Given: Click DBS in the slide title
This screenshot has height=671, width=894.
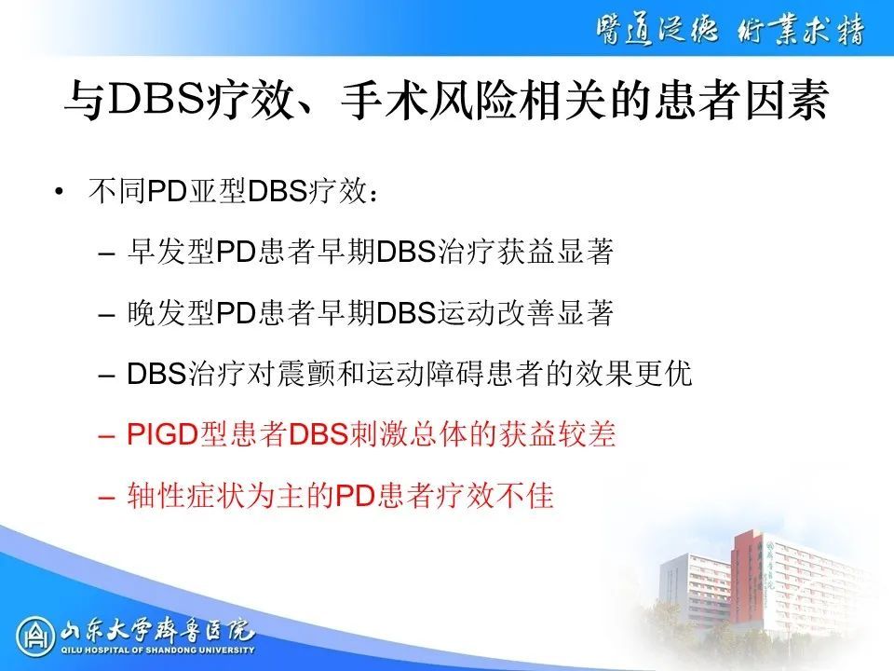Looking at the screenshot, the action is [156, 101].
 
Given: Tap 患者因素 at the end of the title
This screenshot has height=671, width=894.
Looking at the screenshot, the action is [740, 101].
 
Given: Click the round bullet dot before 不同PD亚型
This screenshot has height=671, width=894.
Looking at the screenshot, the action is [58, 192].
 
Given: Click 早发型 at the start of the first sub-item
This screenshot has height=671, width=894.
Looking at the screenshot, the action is [171, 252].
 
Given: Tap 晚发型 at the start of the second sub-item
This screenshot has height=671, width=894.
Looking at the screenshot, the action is [171, 313].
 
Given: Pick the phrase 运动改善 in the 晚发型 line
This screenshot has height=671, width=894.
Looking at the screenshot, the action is [496, 313].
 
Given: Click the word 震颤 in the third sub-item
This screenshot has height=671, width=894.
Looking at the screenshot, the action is [305, 374].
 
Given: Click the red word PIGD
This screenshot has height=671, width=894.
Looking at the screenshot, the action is [162, 434].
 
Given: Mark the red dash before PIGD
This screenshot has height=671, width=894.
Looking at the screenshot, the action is [106, 436].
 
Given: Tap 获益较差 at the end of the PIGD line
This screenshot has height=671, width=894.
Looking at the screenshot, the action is [558, 434].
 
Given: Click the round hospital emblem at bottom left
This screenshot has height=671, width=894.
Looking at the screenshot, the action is [35, 637].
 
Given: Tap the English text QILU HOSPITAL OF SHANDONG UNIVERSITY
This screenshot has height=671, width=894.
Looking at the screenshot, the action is [157, 650].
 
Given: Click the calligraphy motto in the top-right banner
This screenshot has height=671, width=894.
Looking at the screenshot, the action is [730, 29].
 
